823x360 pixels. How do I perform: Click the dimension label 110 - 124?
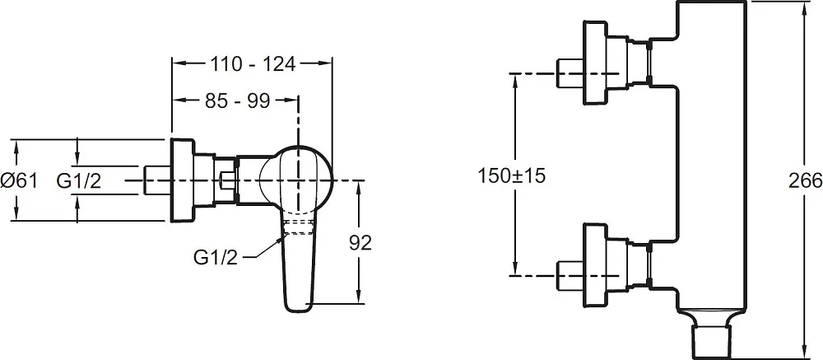tap(253, 64)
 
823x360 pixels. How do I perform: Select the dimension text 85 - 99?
tap(237, 101)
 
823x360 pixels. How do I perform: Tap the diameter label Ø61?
tap(19, 181)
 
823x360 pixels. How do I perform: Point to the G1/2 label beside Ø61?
tap(79, 181)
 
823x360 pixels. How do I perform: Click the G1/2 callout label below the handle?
tap(216, 258)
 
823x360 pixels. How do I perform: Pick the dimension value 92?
tap(360, 243)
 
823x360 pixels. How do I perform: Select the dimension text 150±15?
tap(512, 175)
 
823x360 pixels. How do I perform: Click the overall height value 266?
tap(805, 180)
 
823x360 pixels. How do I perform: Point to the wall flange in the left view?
tap(182, 180)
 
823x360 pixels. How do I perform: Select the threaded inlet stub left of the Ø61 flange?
tap(156, 180)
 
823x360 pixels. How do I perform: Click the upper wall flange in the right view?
tap(596, 63)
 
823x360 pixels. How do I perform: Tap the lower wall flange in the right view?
tap(596, 264)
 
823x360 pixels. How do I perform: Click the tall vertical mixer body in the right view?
tap(711, 157)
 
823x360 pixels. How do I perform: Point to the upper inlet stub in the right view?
tap(570, 73)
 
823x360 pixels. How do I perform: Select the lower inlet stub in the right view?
tap(570, 275)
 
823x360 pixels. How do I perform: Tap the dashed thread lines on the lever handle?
tap(299, 228)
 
